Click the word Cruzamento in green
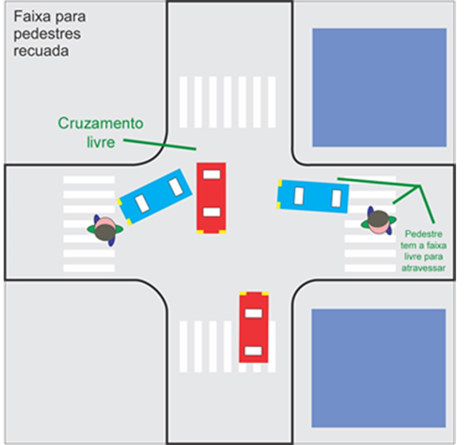coord(100,123)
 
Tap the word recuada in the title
coord(41,52)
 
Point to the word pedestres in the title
coord(47,34)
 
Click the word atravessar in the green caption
coord(423,268)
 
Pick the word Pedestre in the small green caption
coord(423,235)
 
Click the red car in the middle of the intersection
coord(211,197)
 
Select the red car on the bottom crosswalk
coord(254,327)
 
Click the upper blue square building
coord(379,87)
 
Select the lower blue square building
coord(378,367)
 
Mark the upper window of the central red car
coord(211,174)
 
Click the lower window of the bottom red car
coord(254,350)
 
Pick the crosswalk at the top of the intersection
coord(227,102)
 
